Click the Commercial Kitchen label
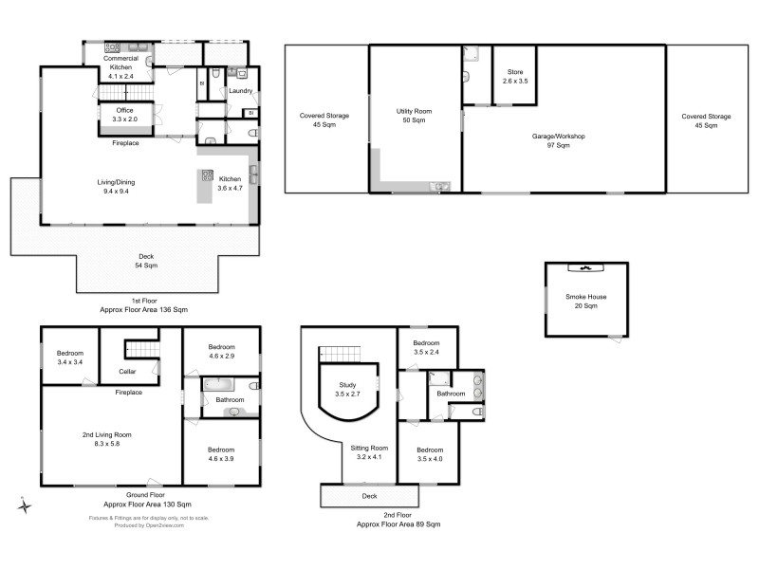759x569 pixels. (121, 64)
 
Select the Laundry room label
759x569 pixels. (240, 91)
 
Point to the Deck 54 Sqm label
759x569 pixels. (145, 261)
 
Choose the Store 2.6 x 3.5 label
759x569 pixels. (514, 76)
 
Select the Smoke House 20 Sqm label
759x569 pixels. (586, 302)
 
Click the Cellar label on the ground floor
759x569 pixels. (127, 371)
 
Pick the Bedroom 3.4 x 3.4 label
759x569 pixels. (70, 358)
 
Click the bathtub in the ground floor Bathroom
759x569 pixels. (221, 385)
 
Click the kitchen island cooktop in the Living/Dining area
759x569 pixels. (205, 175)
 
